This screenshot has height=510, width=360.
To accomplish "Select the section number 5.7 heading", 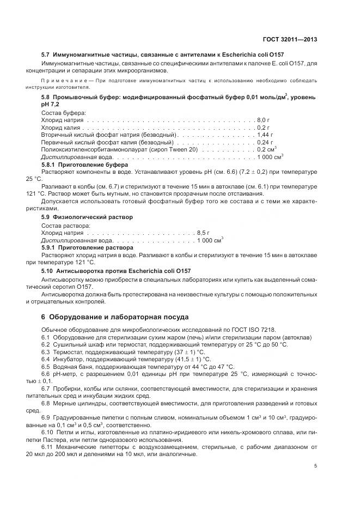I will (x=47, y=56).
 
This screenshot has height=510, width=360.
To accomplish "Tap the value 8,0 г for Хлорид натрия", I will (x=264, y=119).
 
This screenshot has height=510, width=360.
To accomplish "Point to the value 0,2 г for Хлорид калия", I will (x=263, y=126).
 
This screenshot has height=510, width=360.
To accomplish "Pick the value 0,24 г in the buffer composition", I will (x=265, y=142).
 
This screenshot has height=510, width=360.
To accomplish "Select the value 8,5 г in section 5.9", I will (x=204, y=233).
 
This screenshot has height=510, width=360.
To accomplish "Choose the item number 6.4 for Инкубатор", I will (x=46, y=360).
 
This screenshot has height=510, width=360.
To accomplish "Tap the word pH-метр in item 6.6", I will (x=66, y=374).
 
